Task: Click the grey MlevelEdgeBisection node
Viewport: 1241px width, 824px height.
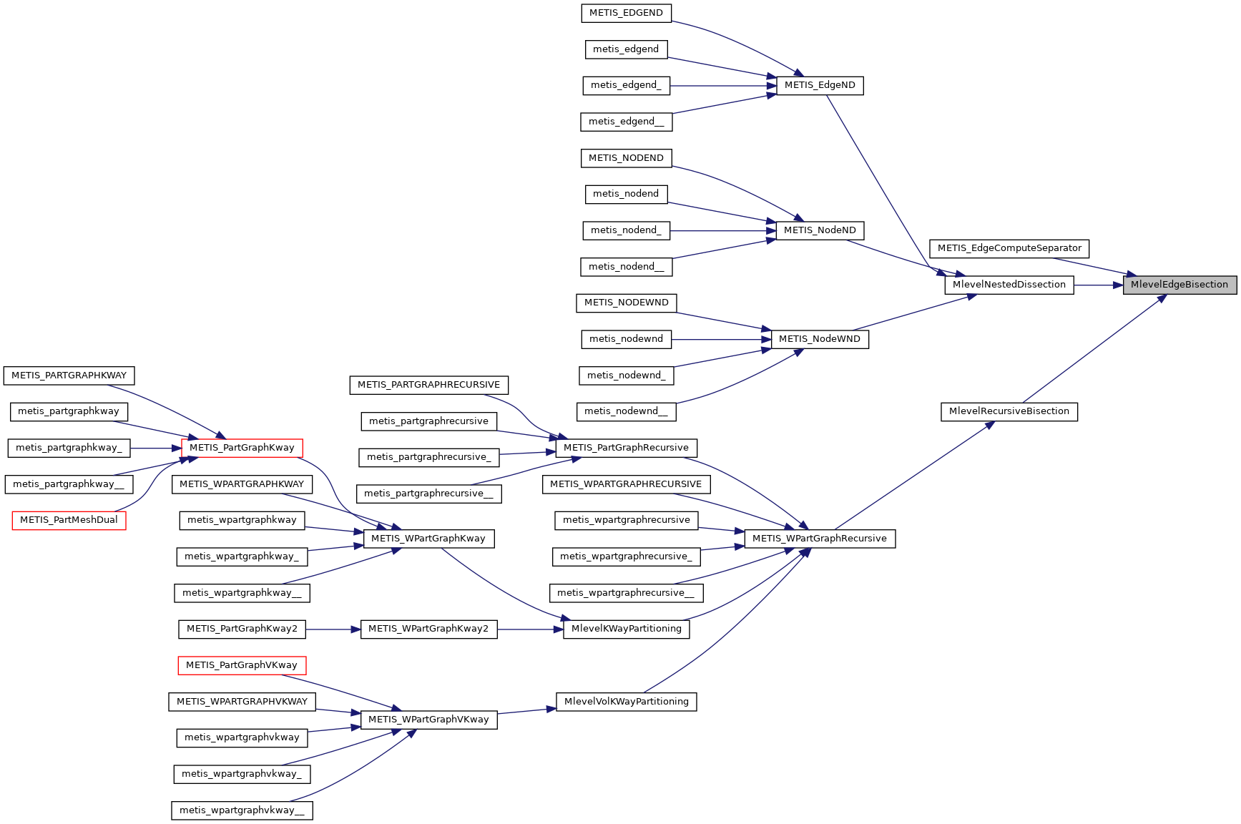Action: [1179, 285]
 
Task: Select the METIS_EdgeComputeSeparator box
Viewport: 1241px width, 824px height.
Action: [1009, 248]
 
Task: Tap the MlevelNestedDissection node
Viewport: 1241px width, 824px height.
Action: [1009, 285]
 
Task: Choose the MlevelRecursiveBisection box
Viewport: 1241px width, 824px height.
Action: [1009, 411]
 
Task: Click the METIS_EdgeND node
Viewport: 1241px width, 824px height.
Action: [820, 85]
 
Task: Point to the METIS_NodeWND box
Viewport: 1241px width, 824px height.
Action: [820, 339]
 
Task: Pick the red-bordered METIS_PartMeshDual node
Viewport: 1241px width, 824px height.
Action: [69, 520]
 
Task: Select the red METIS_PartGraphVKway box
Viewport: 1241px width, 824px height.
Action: [242, 665]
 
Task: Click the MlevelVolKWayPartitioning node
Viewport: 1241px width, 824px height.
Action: [626, 702]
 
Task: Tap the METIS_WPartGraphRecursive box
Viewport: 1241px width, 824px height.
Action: [820, 539]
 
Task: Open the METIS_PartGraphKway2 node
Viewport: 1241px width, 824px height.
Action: [242, 629]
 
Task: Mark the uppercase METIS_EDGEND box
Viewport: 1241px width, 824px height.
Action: [626, 13]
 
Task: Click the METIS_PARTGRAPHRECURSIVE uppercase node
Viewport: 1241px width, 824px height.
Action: [428, 385]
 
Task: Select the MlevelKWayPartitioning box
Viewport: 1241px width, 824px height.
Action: [626, 629]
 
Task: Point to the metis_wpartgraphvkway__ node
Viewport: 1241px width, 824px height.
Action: [242, 810]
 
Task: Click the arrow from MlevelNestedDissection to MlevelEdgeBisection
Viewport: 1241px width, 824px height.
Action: [1098, 285]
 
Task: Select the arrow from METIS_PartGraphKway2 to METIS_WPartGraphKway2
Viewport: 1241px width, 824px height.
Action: [333, 629]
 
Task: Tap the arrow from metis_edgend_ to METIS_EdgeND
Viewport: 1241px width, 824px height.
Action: [722, 85]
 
